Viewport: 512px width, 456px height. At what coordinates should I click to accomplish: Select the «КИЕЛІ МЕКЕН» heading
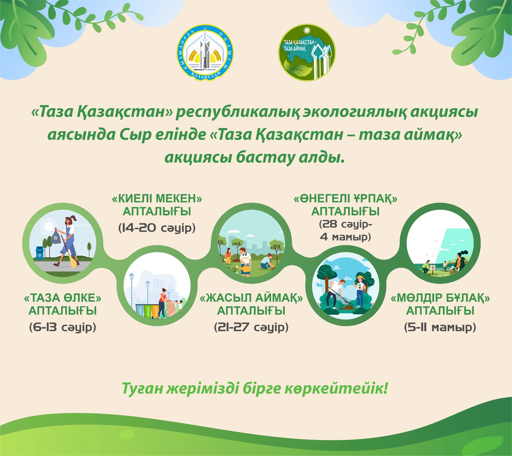157,199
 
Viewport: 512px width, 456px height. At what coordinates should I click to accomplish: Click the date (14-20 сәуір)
157,228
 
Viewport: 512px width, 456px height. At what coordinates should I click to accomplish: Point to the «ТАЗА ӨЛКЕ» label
63,298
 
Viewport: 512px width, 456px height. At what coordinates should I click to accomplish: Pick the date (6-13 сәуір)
63,327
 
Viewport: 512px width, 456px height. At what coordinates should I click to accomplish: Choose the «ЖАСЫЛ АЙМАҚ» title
251,298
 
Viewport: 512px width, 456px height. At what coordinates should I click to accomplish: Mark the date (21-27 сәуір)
251,327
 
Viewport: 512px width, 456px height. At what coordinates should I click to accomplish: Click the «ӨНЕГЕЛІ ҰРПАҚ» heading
346,199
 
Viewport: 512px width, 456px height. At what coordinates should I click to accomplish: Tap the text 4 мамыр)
346,237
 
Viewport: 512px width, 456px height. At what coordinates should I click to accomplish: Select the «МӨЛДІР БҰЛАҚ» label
440,298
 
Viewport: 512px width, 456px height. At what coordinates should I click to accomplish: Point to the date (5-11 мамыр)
440,327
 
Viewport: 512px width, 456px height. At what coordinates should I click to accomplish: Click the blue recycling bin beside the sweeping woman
40,252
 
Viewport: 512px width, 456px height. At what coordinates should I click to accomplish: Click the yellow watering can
246,269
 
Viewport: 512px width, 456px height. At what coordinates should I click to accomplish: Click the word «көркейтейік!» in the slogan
336,388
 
